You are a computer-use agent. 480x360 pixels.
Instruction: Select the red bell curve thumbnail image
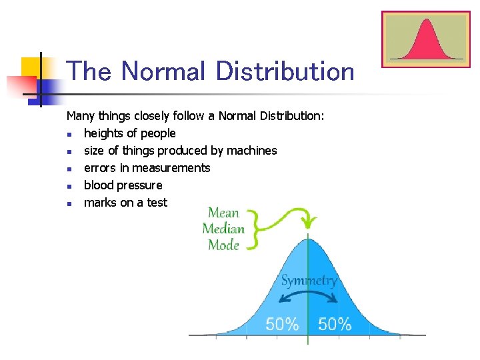[x=426, y=39]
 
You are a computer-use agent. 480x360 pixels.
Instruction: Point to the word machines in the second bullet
[x=251, y=151]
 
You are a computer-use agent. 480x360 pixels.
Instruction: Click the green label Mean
[x=223, y=213]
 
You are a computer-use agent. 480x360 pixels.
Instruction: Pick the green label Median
[x=223, y=229]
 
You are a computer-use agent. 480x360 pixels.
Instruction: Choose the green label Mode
[x=223, y=245]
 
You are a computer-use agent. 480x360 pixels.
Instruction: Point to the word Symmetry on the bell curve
[x=309, y=281]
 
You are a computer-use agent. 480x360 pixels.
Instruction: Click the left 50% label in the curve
[x=282, y=325]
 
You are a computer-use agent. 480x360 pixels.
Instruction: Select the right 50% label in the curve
[x=334, y=325]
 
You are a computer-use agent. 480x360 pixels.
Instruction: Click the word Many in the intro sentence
[x=80, y=116]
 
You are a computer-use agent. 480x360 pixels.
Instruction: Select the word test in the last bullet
[x=157, y=203]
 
